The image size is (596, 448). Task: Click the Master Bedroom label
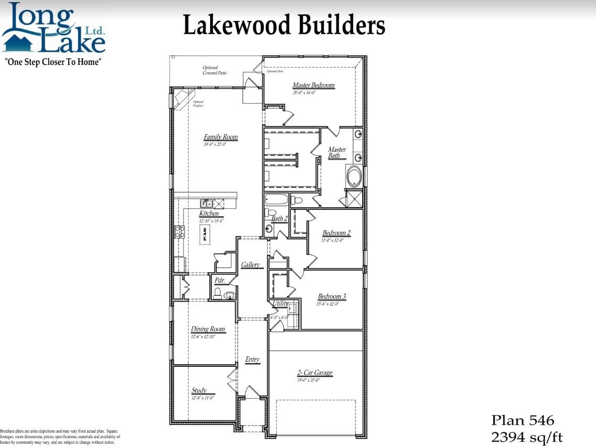pyautogui.click(x=313, y=85)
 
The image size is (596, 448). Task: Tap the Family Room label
pyautogui.click(x=221, y=137)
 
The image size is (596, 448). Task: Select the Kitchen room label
pyautogui.click(x=209, y=214)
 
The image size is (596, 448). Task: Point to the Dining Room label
pyautogui.click(x=208, y=329)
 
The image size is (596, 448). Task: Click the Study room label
pyautogui.click(x=199, y=390)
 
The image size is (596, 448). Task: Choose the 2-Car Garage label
pyautogui.click(x=315, y=373)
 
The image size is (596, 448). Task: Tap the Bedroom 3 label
pyautogui.click(x=331, y=297)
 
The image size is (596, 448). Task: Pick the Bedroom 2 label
pyautogui.click(x=337, y=233)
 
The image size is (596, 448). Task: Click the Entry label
pyautogui.click(x=252, y=360)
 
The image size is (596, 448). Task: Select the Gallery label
pyautogui.click(x=251, y=265)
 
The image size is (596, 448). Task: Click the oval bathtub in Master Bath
pyautogui.click(x=354, y=176)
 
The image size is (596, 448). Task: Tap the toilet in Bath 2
pyautogui.click(x=297, y=200)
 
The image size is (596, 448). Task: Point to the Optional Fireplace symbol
pyautogui.click(x=181, y=99)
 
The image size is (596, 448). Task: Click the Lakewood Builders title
pyautogui.click(x=284, y=25)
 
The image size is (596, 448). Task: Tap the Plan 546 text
pyautogui.click(x=522, y=420)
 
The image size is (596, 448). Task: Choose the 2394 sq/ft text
pyautogui.click(x=526, y=437)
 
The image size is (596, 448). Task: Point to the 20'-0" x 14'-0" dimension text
pyautogui.click(x=305, y=93)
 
